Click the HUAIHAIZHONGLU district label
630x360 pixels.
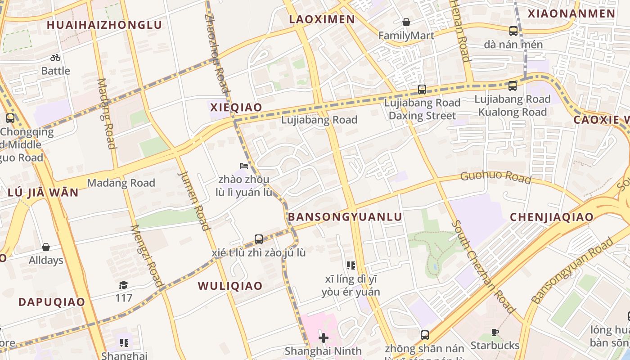coord(104,25)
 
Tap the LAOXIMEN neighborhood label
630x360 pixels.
coord(322,19)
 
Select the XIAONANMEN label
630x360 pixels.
coord(571,13)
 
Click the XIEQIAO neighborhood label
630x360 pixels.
coord(236,108)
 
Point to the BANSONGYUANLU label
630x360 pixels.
coord(345,217)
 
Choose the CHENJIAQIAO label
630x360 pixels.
coord(552,217)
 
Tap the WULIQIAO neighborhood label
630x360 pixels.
coord(230,286)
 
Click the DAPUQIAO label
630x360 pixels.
coord(52,302)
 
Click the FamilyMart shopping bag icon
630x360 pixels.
coord(406,22)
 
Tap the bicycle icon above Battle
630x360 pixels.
coord(55,58)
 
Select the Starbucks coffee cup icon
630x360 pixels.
coord(495,333)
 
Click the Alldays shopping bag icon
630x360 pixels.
coord(46,247)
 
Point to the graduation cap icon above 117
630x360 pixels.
coord(123,285)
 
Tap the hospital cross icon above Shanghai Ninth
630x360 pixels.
coord(323,337)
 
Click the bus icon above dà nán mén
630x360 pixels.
coord(513,31)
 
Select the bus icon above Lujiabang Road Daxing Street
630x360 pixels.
coord(422,89)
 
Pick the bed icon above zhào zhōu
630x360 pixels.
coord(244,166)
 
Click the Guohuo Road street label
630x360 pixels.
coord(495,176)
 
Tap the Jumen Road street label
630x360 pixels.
coord(195,200)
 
